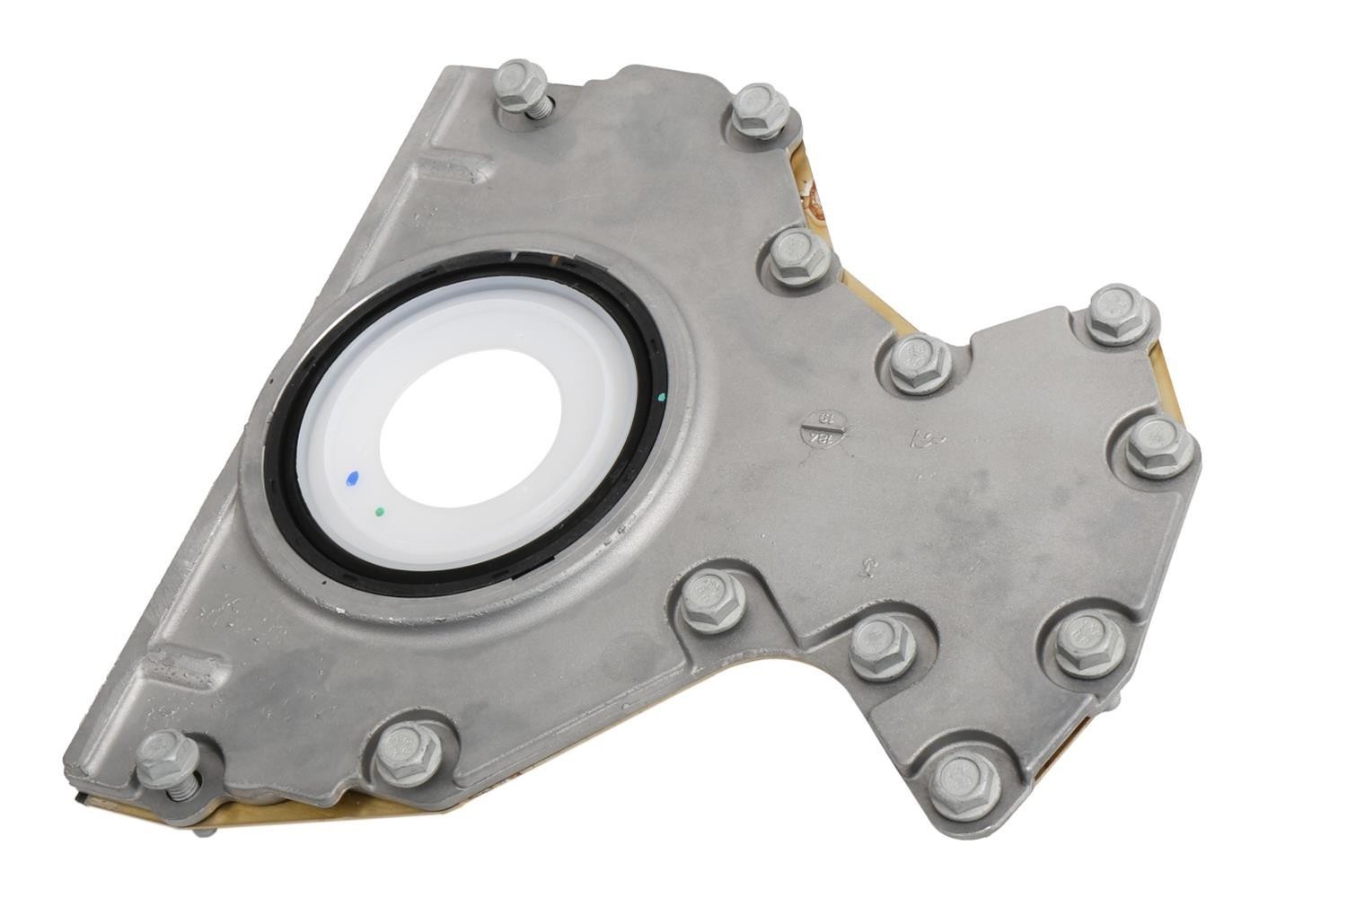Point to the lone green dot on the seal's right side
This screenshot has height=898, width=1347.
coord(661,396)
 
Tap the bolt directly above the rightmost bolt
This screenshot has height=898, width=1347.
coord(1121,314)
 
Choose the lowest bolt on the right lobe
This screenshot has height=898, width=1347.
coord(964,785)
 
